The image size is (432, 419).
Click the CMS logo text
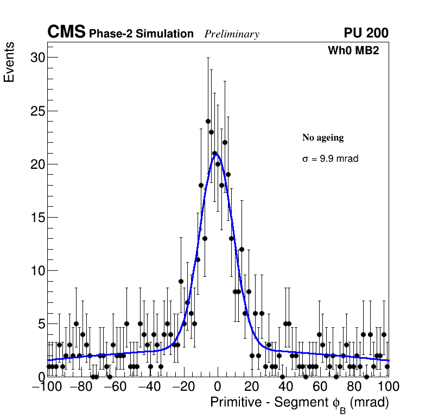pos(66,33)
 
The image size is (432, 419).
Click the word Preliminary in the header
pos(232,34)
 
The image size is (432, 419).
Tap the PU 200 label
pos(366,33)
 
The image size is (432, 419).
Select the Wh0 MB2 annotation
pos(353,50)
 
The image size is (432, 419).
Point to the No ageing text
pos(323,138)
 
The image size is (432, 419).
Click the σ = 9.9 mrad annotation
pos(330,159)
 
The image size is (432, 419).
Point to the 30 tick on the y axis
pos(36,58)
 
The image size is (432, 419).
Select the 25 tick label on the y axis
pos(36,111)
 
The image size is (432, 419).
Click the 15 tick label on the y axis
pos(36,218)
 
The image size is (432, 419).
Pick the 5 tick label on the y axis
pos(40,324)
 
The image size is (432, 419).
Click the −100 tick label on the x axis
pos(48,387)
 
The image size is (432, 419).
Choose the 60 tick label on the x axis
pos(320,387)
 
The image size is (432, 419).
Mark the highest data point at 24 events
pos(208,121)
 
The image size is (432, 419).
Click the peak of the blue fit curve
pos(216,155)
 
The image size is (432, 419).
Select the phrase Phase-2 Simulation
pos(141,34)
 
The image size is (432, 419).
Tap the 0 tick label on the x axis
pos(218,387)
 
